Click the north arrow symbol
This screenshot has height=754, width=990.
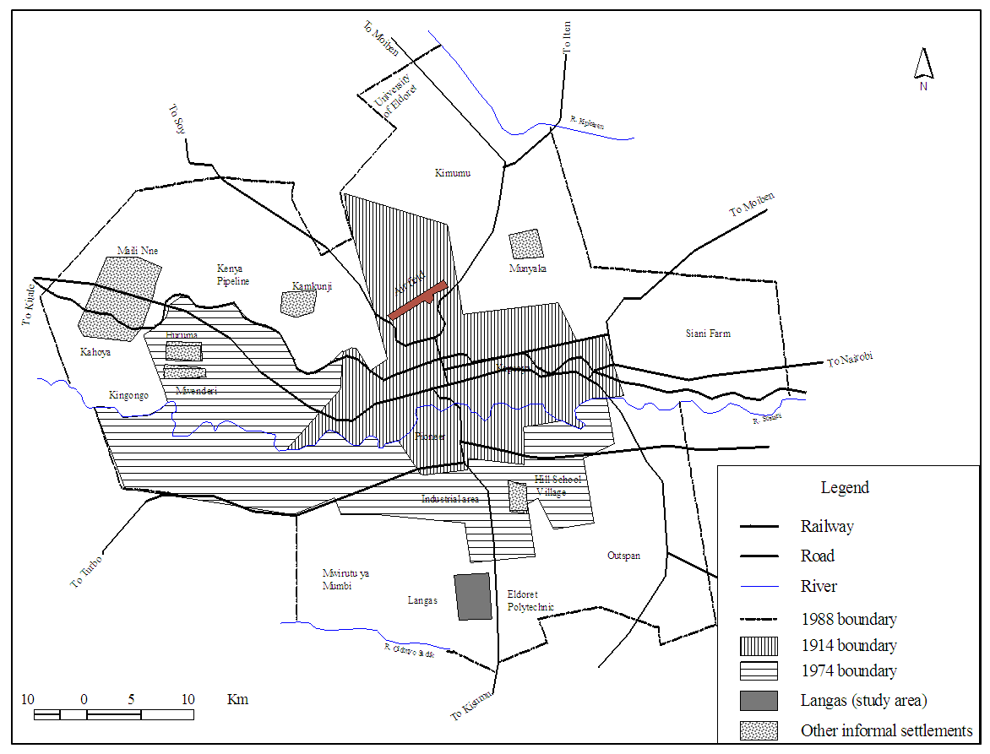[923, 64]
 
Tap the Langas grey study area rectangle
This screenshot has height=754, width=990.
[472, 597]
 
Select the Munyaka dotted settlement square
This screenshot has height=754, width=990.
[525, 244]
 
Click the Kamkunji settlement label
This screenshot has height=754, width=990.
[312, 286]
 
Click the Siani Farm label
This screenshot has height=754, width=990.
[708, 334]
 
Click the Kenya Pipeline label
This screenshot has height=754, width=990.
[233, 274]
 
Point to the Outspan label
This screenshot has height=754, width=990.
[623, 556]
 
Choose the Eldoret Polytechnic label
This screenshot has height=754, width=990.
[530, 600]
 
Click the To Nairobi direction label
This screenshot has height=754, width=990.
[849, 360]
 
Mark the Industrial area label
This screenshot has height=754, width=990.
[450, 499]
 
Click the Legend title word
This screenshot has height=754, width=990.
[845, 487]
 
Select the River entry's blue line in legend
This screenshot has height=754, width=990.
[759, 586]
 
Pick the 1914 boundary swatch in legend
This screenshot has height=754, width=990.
[759, 646]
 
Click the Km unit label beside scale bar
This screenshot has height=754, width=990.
[237, 699]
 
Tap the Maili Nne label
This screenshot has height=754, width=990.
[138, 250]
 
